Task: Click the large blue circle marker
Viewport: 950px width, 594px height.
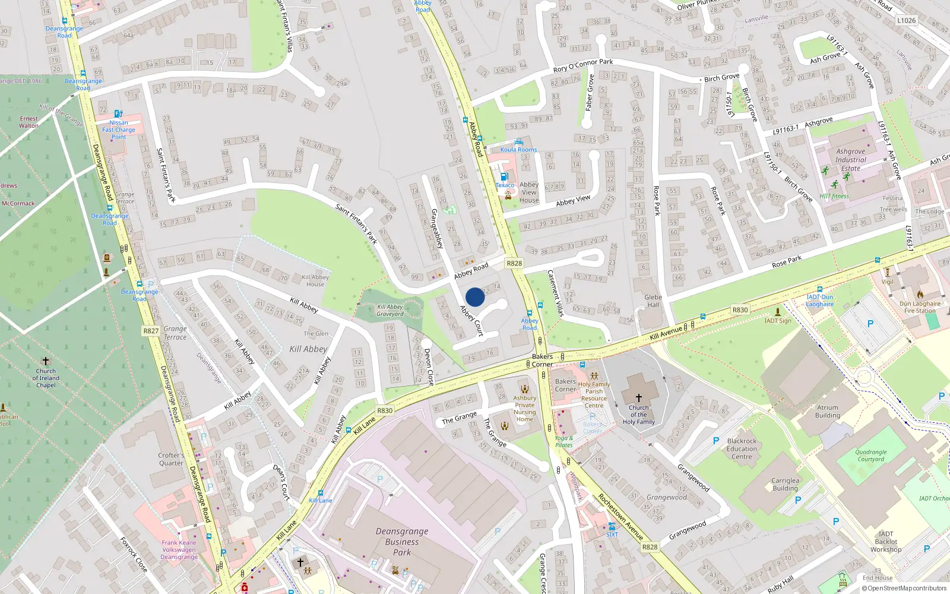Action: pos(475,297)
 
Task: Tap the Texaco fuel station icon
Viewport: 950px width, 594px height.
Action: pos(504,176)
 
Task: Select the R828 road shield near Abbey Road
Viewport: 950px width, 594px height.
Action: pos(514,263)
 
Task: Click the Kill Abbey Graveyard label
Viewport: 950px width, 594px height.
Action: pos(390,310)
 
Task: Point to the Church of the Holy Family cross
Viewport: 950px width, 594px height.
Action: pos(639,398)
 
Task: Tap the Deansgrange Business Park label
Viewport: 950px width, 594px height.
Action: pos(402,542)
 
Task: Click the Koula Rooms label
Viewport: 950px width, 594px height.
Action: pos(518,150)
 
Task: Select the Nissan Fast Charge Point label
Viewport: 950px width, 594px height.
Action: pos(119,129)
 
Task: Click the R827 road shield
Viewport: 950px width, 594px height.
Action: pos(151,331)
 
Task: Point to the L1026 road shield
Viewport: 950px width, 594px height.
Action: pos(906,20)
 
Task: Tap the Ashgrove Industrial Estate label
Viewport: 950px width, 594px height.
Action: pos(850,160)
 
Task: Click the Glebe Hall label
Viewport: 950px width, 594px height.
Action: pos(653,301)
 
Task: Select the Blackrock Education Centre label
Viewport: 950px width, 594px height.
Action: pos(742,449)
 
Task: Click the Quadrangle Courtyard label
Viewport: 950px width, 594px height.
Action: pos(870,456)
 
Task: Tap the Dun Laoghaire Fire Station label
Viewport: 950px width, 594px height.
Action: pos(920,307)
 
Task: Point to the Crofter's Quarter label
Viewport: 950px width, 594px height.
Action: pos(171,459)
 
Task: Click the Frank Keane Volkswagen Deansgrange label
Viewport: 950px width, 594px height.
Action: pos(179,549)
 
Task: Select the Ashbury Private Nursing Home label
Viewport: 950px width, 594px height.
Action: pos(524,408)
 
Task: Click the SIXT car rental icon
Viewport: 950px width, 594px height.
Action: pos(612,526)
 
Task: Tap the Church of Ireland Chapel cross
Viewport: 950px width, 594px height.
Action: pos(46,361)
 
